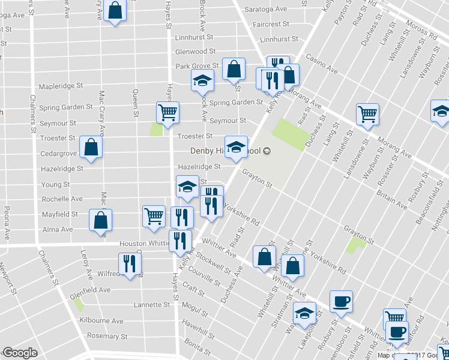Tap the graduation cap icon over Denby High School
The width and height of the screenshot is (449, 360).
[237, 147]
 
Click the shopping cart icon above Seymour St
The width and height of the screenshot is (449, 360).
[167, 112]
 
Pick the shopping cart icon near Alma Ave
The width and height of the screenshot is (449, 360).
[154, 217]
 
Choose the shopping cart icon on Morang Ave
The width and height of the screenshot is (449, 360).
[367, 114]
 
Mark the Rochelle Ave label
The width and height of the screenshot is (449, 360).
[62, 199]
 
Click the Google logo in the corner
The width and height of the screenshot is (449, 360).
[20, 353]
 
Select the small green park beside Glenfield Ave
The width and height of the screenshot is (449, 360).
[79, 304]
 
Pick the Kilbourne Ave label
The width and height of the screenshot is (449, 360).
[101, 321]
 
